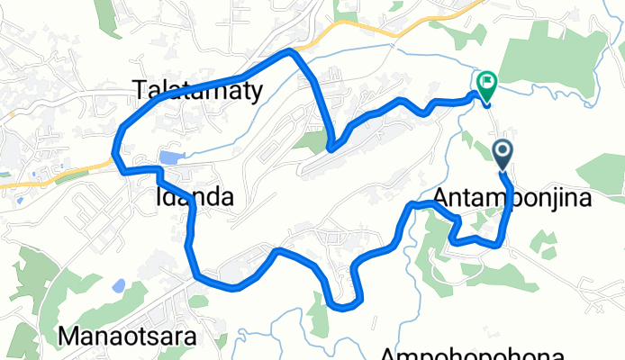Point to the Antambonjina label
click(513, 197)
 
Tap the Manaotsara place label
click(143, 337)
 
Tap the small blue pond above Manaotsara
click(118, 287)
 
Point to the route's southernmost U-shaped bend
click(343, 305)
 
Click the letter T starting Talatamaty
click(138, 89)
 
